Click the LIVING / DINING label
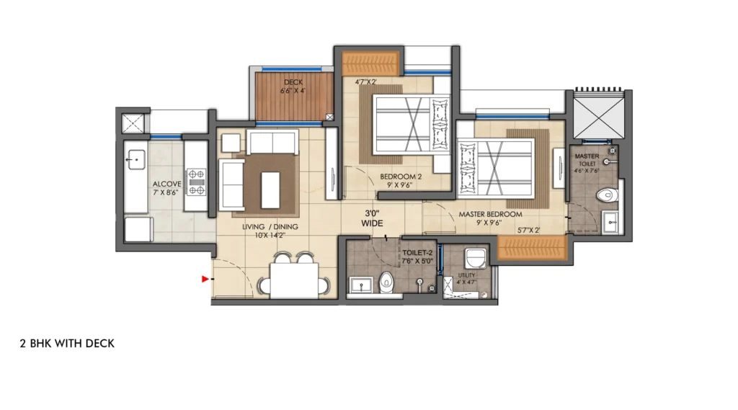pos(270,227)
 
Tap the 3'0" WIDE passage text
pos(373,218)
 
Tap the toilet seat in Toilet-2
pos(388,283)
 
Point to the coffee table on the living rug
pos(272,189)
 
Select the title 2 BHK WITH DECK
pos(67,344)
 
